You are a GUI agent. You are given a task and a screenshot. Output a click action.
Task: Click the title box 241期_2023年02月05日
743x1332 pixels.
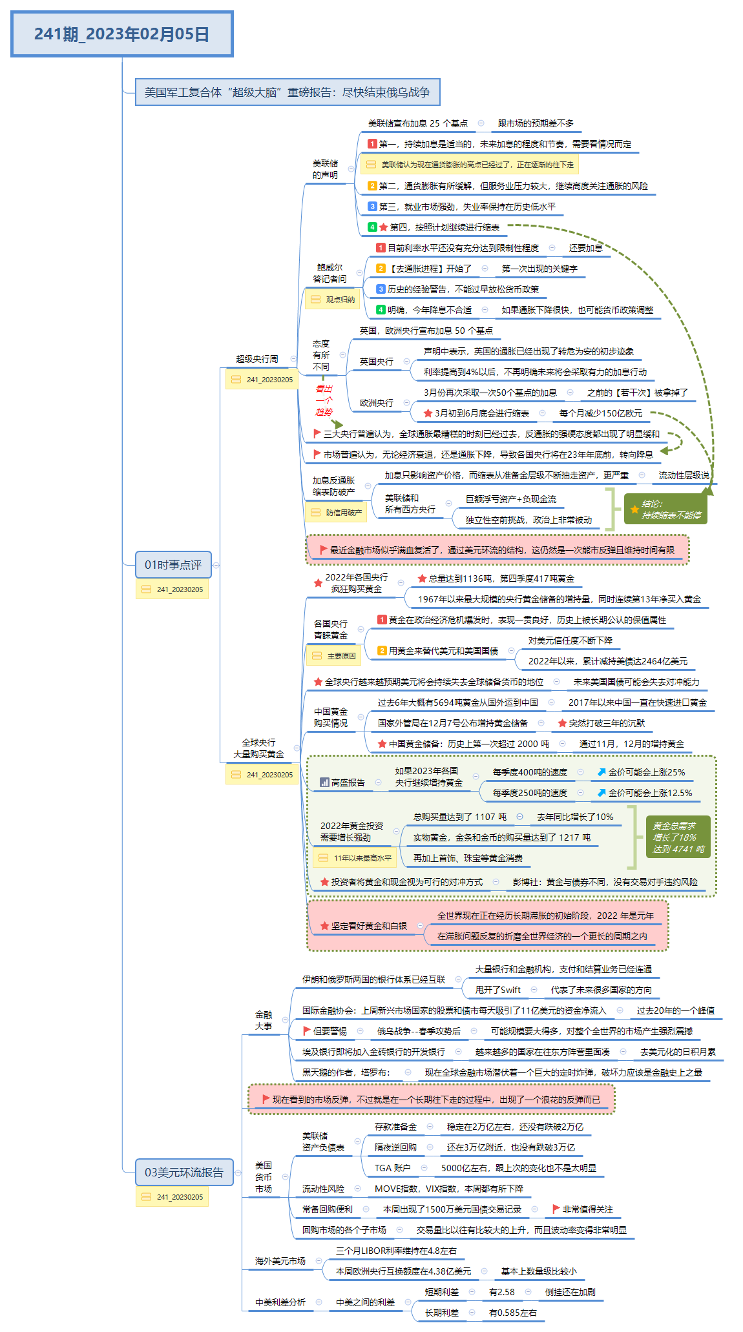121,34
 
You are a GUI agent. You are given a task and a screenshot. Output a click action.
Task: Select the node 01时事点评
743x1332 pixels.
173,565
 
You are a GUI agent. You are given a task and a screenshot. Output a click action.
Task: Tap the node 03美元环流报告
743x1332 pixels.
183,1173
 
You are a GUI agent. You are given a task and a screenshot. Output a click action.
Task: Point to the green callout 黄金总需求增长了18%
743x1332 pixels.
678,837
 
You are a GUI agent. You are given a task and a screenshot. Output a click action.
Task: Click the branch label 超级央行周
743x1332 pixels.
256,359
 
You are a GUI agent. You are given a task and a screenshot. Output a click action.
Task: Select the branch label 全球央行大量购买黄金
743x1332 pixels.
258,748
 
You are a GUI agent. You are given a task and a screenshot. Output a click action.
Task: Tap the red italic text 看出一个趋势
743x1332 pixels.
324,400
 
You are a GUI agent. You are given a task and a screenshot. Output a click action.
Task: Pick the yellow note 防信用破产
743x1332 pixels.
337,513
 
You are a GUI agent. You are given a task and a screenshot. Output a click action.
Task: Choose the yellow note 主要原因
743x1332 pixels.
334,656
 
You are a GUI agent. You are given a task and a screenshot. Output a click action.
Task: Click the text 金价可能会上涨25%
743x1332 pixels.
646,772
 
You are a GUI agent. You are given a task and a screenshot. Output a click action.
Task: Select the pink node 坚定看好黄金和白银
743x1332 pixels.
369,926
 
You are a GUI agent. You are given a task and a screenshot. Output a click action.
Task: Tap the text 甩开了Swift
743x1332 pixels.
497,990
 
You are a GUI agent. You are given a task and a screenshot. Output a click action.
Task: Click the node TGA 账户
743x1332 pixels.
392,1168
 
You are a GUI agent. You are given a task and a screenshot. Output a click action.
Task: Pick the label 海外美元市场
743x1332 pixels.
280,1261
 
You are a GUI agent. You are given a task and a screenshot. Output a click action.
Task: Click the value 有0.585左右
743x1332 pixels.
512,1313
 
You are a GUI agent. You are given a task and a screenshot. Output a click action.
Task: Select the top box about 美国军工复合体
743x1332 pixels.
287,92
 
